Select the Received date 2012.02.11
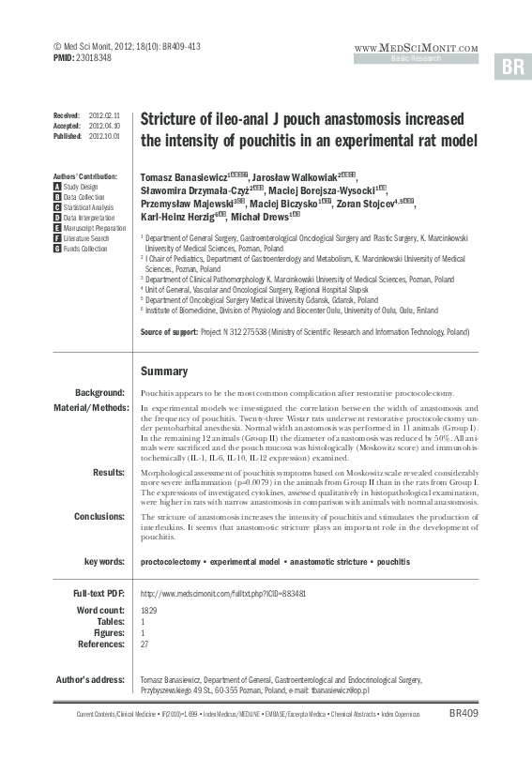103,114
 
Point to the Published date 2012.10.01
103,136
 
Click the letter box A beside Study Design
58,187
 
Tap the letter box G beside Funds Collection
58,249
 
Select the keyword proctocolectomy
170,561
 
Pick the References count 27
144,644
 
